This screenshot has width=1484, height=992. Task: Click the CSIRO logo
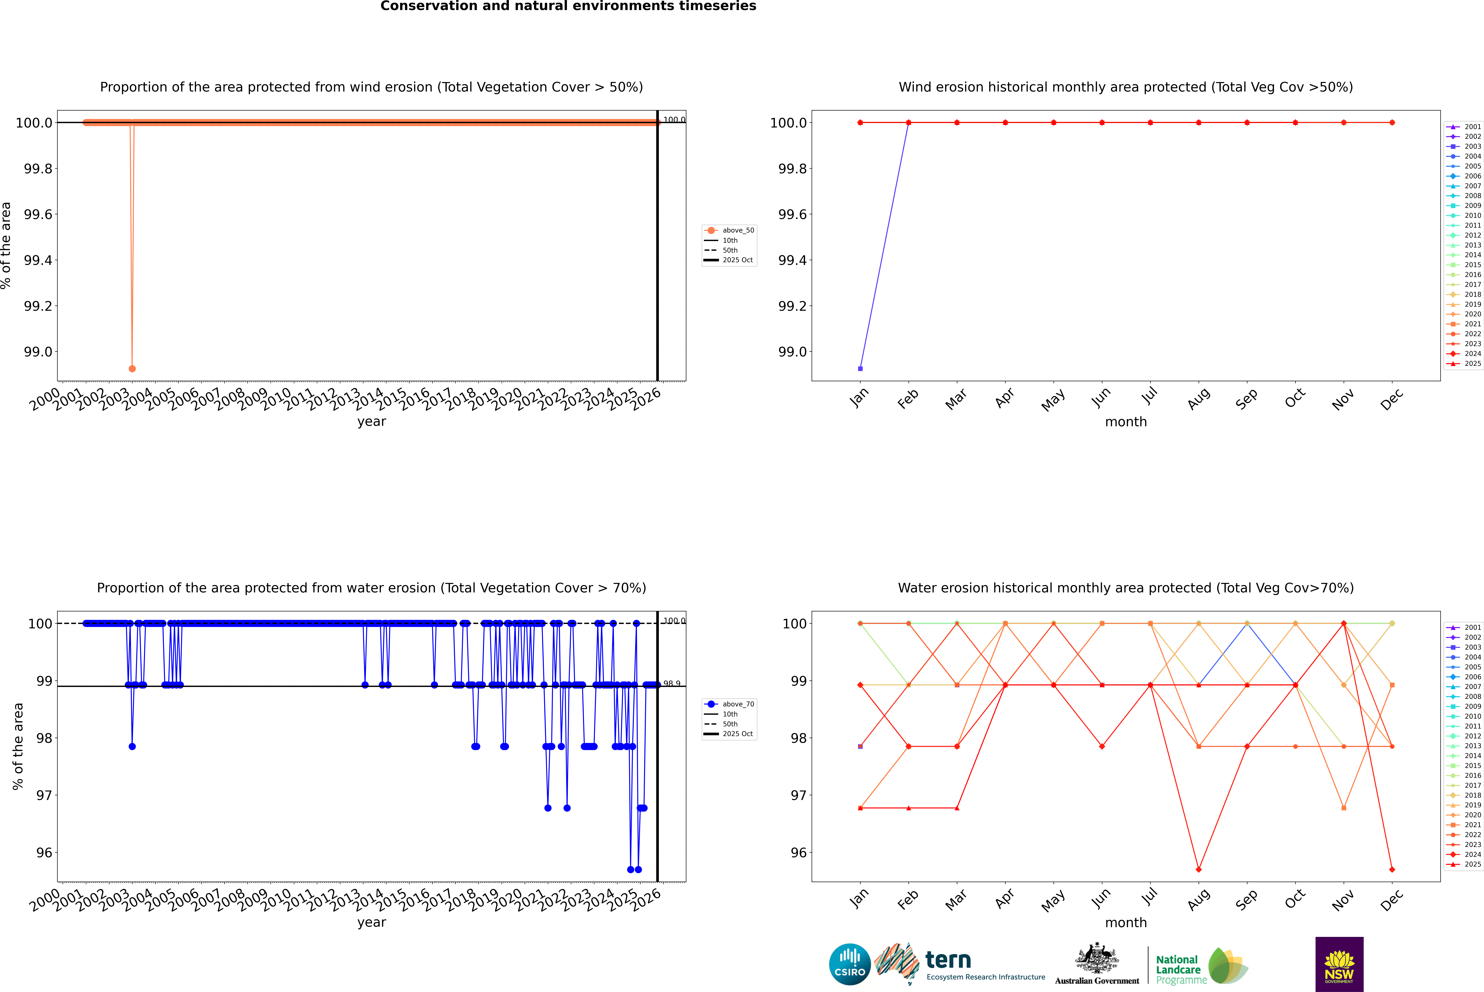click(850, 964)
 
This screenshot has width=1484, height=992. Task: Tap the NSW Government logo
click(1339, 964)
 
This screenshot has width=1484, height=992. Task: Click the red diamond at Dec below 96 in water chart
click(1392, 869)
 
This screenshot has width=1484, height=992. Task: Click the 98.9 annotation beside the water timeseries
click(672, 684)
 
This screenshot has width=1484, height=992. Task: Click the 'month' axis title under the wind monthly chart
click(1125, 422)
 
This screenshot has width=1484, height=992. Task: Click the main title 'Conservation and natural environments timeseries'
click(568, 6)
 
